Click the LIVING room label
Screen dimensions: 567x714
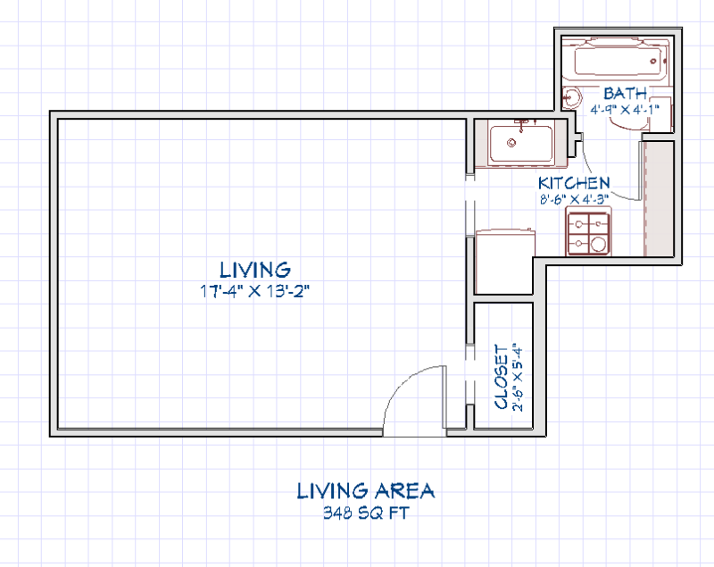click(255, 269)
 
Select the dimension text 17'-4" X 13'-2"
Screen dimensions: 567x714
click(255, 290)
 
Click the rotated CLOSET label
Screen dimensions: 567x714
click(499, 378)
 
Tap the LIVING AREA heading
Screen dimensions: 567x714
click(366, 490)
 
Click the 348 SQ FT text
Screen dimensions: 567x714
click(366, 513)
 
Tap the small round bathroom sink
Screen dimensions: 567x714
click(572, 98)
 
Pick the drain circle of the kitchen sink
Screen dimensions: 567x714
click(512, 141)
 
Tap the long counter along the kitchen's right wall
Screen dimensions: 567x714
click(657, 198)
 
